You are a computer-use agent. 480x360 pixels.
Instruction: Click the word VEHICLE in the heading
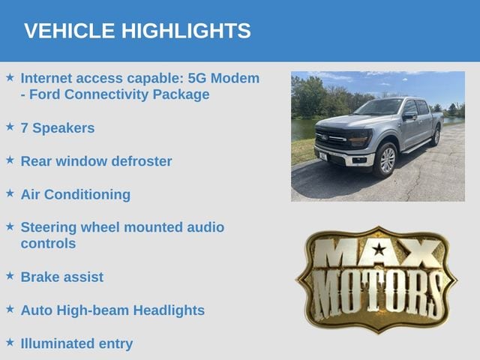point(70,31)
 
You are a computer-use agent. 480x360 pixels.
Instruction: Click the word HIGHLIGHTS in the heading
point(186,31)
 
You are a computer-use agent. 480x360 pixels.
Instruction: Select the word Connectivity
point(107,94)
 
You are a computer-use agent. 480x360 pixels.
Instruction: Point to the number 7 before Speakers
point(24,128)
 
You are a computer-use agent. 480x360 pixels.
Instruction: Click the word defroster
point(142,161)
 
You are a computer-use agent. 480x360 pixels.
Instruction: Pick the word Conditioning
point(87,195)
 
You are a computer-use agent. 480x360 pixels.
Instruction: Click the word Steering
point(49,228)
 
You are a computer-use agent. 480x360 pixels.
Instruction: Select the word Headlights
point(169,310)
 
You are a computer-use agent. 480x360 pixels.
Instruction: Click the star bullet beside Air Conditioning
point(10,193)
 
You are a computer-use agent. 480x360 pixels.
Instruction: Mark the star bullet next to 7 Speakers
point(10,127)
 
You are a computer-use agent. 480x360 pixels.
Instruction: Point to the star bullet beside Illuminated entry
point(10,342)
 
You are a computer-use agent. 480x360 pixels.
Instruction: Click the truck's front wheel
point(386,160)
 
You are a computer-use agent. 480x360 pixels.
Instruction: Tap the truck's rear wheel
point(436,136)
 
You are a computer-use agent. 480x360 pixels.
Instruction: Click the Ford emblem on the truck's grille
point(324,137)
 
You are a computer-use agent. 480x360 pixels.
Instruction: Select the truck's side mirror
point(409,116)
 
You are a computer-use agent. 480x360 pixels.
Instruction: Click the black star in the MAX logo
point(379,249)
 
